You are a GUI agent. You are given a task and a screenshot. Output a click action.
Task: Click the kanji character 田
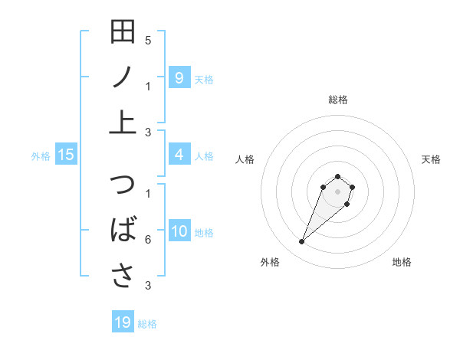(123, 32)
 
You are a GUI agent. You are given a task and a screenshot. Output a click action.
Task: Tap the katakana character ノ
(123, 77)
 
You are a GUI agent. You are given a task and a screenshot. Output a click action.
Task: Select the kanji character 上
(123, 121)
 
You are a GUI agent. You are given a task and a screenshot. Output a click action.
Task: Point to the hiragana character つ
(123, 186)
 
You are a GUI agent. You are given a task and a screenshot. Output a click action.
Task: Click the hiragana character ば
(123, 231)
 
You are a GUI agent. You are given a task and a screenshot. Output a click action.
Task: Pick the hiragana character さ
(123, 275)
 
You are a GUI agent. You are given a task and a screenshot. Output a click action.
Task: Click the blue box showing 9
(179, 77)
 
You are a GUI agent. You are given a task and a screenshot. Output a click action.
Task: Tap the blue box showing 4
(179, 155)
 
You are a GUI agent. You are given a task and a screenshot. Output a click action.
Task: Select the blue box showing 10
(179, 232)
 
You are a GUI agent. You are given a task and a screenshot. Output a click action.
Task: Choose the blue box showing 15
(66, 155)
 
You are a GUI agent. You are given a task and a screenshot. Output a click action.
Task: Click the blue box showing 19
(123, 322)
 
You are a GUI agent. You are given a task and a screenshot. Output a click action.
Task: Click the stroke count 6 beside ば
(148, 240)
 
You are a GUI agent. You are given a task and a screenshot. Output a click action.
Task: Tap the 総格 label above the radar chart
(337, 100)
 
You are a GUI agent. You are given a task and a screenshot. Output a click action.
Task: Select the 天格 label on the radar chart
(431, 159)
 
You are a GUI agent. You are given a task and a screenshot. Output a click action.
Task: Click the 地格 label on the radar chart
(402, 263)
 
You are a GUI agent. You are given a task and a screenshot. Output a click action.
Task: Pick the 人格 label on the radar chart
(245, 159)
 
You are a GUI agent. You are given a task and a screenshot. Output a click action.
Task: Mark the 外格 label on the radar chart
(270, 263)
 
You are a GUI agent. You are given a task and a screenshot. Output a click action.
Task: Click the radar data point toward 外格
(301, 242)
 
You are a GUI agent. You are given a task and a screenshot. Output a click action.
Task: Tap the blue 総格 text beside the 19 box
(147, 324)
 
